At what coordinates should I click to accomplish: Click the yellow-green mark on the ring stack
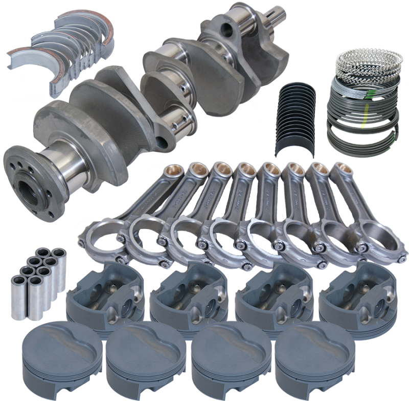(364, 123)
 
